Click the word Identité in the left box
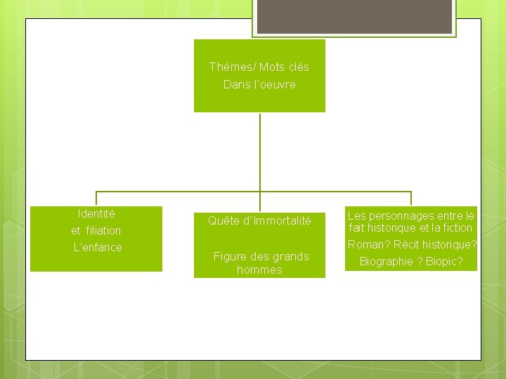(x=96, y=213)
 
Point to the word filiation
(x=105, y=230)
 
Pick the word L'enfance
(x=97, y=247)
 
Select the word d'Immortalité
(x=276, y=221)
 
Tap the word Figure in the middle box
(x=228, y=256)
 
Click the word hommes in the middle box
(x=259, y=270)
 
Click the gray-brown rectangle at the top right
(x=353, y=17)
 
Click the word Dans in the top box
(x=235, y=84)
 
